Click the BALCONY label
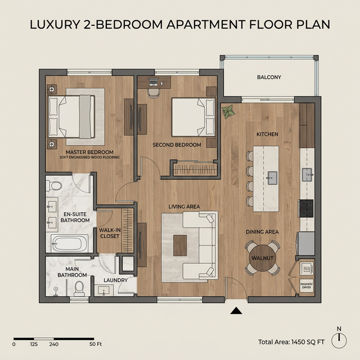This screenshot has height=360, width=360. (269, 77)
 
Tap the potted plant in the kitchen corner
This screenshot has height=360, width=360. (228, 112)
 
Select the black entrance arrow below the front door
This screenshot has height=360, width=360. (236, 310)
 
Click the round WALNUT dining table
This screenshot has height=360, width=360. (263, 258)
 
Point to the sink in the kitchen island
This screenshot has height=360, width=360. (272, 178)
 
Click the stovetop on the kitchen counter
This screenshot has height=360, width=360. (306, 208)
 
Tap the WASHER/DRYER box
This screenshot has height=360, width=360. (307, 286)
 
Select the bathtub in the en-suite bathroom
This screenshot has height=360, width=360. (69, 244)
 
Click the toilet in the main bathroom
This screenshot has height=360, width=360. (79, 289)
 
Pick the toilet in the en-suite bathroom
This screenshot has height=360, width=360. (54, 186)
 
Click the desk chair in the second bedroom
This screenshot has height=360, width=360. (154, 93)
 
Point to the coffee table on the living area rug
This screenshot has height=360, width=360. (180, 245)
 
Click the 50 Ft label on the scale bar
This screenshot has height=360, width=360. (96, 344)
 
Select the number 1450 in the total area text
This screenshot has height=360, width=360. (299, 342)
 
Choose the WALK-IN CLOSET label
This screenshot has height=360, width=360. (110, 233)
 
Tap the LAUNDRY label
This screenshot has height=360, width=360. (115, 280)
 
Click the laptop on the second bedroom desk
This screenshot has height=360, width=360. (154, 82)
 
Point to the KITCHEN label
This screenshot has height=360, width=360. (267, 134)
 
